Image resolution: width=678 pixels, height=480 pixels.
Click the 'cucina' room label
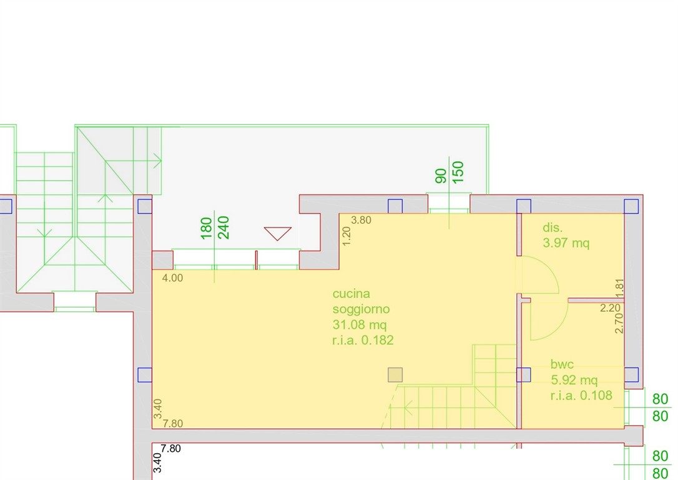pos(351,294)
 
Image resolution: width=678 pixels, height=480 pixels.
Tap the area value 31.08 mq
pos(360,324)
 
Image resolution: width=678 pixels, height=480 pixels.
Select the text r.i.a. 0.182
pos(363,340)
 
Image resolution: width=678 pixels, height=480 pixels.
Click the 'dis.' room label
pos(553,227)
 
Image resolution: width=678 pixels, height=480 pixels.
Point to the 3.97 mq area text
pos(566,243)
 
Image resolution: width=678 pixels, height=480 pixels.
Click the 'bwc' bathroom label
pos(562,364)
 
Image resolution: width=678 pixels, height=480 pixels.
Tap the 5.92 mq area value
pos(574,380)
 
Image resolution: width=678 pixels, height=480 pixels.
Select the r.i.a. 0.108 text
pos(581,395)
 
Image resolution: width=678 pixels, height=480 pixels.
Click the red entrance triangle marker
pos(278,233)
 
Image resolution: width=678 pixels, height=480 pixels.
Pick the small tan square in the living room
pos(395,375)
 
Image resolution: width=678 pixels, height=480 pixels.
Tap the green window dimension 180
pos(207,227)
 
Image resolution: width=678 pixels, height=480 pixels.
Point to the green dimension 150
pos(458,172)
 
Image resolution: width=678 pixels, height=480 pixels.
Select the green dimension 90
pos(441,176)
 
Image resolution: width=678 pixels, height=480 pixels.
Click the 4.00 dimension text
pos(172,278)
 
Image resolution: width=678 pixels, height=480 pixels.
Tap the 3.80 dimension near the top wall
pos(361,220)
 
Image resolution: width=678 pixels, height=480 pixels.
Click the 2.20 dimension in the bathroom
pos(610,308)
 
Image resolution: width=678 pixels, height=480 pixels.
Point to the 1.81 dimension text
pos(619,288)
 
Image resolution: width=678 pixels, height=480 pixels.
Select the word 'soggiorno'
pos(361,309)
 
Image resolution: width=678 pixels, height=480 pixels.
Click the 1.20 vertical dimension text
pos(346,236)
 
